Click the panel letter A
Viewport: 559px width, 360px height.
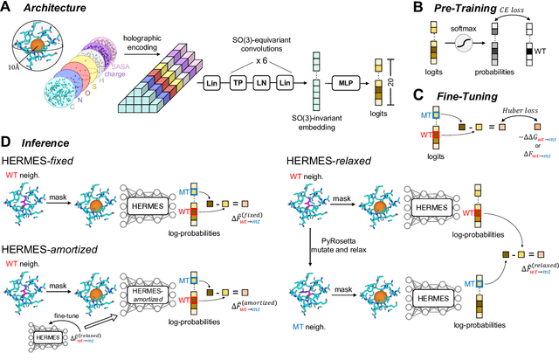click(7, 8)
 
